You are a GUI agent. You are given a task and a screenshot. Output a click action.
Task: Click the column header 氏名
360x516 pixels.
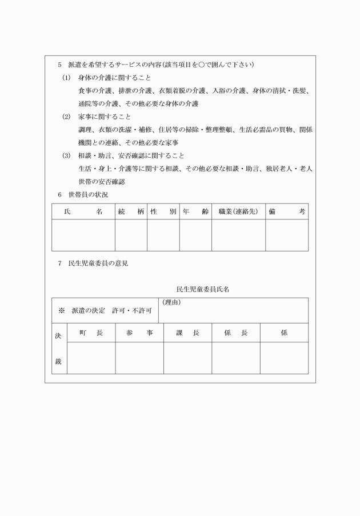83,211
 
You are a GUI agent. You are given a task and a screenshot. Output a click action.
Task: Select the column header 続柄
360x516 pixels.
131,211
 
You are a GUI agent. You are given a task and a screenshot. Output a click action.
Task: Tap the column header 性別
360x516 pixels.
163,211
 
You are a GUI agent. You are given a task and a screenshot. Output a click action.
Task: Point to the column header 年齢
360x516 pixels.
195,211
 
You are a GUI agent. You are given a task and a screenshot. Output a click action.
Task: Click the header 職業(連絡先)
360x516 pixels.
238,211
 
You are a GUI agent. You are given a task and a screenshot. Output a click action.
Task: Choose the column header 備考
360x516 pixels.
287,211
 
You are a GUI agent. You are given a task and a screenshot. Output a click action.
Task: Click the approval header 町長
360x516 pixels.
91,333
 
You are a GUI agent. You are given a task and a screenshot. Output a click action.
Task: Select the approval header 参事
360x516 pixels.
139,333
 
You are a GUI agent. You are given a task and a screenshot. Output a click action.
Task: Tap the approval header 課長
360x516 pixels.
187,333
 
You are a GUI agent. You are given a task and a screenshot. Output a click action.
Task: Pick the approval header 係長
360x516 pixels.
236,333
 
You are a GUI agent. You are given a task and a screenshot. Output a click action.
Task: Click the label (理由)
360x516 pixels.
171,302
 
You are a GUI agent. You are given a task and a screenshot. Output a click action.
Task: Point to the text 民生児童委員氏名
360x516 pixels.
203,290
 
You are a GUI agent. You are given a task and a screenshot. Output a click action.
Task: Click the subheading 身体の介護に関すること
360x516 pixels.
115,77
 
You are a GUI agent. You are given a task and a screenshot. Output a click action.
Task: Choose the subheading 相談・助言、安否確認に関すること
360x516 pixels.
131,155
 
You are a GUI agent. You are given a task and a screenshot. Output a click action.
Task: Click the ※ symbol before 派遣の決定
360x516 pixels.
62,311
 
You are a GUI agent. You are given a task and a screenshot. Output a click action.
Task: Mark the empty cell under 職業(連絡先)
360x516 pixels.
238,235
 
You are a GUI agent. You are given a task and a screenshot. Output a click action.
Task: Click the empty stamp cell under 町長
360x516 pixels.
91,358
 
